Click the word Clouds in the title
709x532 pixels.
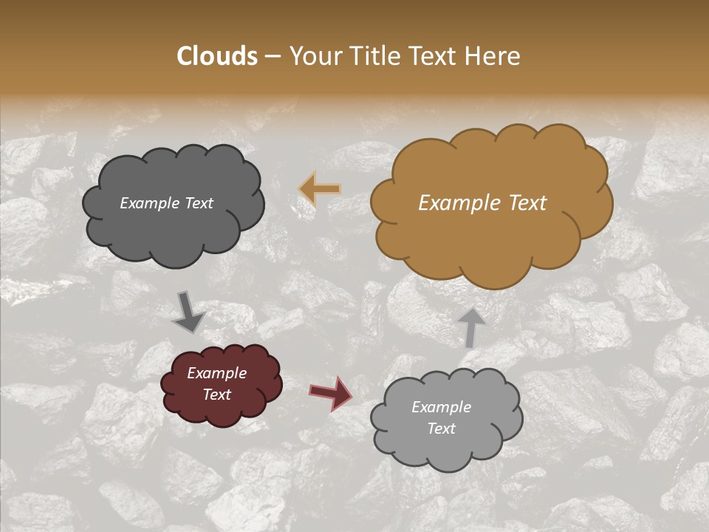[217, 56]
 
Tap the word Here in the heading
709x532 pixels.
[494, 56]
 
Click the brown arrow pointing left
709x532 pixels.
[320, 189]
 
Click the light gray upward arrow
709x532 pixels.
[471, 327]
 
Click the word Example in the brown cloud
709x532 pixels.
[457, 203]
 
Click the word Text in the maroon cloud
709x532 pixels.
[216, 395]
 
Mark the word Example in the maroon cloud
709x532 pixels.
[216, 373]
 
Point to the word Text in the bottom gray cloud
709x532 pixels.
[441, 429]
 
